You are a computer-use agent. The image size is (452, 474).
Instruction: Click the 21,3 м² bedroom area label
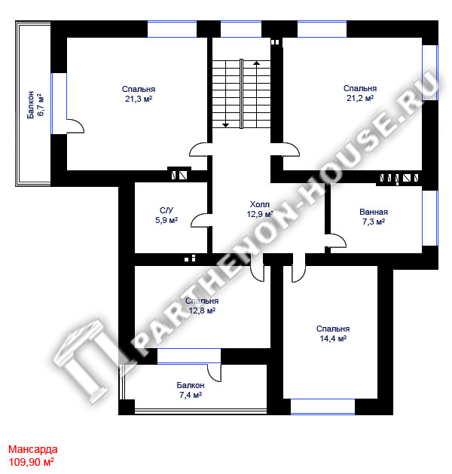[x=139, y=99]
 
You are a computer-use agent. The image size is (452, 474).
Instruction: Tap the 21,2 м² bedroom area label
[x=360, y=98]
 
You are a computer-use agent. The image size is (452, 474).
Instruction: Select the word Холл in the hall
[x=260, y=204]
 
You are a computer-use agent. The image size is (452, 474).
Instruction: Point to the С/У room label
[x=166, y=210]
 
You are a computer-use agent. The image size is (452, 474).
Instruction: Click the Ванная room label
[x=374, y=212]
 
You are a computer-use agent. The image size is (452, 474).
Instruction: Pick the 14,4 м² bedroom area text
[x=333, y=338]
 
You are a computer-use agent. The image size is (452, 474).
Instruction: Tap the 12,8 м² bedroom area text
[x=202, y=310]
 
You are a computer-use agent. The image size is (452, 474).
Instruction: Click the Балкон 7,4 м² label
[x=191, y=390]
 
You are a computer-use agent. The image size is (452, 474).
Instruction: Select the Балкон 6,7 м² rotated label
[x=35, y=105]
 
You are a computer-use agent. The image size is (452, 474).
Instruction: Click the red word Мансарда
[x=32, y=450]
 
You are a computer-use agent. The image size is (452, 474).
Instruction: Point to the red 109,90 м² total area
[x=31, y=462]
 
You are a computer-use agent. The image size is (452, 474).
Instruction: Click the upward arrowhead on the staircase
[x=257, y=63]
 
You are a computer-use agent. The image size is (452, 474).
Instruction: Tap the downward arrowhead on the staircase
[x=226, y=125]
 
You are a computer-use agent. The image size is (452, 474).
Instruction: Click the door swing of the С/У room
[x=199, y=220]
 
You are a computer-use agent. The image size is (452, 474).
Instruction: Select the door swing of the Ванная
[x=338, y=240]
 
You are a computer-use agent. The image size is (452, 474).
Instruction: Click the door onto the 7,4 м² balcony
[x=214, y=373]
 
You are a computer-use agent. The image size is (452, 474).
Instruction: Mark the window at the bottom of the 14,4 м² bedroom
[x=322, y=407]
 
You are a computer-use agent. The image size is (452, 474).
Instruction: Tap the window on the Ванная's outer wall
[x=430, y=218]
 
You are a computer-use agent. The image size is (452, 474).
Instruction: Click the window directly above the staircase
[x=241, y=29]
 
